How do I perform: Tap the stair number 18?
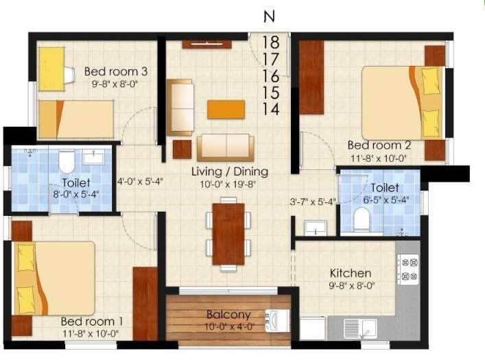tap(270, 42)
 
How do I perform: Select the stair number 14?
tap(270, 108)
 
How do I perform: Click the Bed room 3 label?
tap(116, 71)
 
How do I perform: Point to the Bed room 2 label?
tap(379, 145)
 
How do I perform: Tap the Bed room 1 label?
tap(92, 321)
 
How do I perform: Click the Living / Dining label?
tap(229, 171)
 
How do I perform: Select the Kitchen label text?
tap(350, 273)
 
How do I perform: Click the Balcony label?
tap(227, 315)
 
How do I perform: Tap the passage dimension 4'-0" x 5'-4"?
tap(140, 182)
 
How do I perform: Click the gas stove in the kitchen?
tap(407, 269)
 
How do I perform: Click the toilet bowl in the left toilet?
tap(67, 163)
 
